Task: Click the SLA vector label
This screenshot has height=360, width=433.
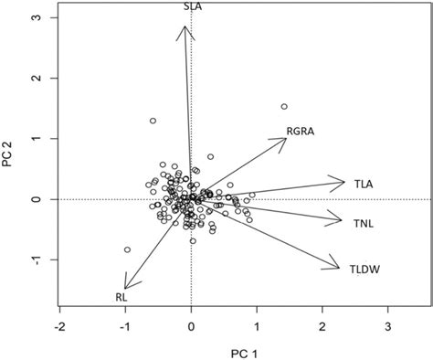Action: pyautogui.click(x=193, y=6)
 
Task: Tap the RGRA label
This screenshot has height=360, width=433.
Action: pyautogui.click(x=301, y=132)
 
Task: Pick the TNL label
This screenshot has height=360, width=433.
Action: pyautogui.click(x=364, y=223)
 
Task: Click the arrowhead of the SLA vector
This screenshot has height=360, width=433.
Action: pyautogui.click(x=185, y=26)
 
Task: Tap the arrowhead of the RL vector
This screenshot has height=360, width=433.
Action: pyautogui.click(x=125, y=288)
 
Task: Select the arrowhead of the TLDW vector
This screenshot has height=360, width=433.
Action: pyautogui.click(x=339, y=268)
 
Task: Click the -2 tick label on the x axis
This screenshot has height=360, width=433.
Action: pyautogui.click(x=59, y=326)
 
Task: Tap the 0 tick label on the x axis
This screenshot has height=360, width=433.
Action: pyautogui.click(x=191, y=326)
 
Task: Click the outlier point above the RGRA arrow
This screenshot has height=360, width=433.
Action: pyautogui.click(x=284, y=106)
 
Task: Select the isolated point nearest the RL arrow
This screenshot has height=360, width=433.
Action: pyautogui.click(x=127, y=249)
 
